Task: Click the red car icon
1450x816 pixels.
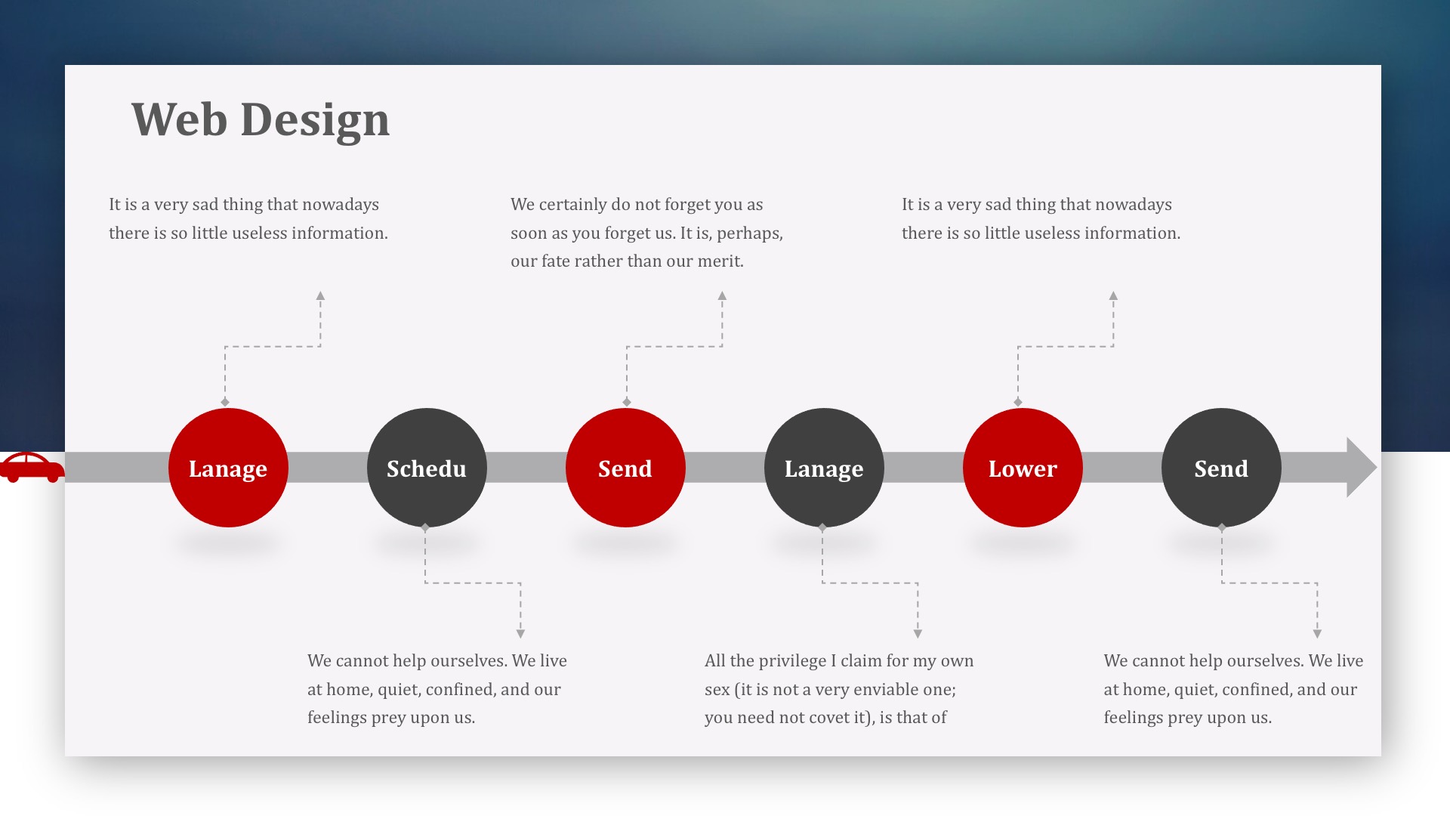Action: [x=32, y=468]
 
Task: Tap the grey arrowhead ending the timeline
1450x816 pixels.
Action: [x=1361, y=468]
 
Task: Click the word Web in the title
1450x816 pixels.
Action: [x=179, y=119]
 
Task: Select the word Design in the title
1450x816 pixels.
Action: [x=315, y=121]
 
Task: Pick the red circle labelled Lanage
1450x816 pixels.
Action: [x=228, y=468]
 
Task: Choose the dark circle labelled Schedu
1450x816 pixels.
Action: [x=427, y=468]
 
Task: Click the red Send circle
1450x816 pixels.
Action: [x=625, y=468]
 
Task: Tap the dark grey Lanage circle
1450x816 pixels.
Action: [x=824, y=468]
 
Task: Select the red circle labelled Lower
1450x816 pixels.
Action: [x=1023, y=468]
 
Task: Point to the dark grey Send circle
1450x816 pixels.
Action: [x=1221, y=468]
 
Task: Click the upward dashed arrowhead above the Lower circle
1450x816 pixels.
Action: [x=1113, y=296]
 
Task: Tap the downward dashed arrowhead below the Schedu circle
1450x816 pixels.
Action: [x=520, y=634]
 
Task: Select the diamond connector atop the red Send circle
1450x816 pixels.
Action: [x=627, y=402]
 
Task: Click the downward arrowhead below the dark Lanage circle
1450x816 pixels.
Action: [x=918, y=634]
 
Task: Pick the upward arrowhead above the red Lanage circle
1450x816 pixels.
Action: [x=320, y=296]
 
